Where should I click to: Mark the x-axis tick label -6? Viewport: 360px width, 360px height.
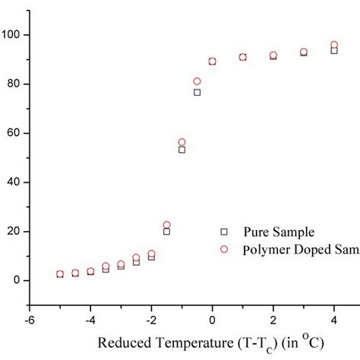point(28,320)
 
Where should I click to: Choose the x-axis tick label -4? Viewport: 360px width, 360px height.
point(89,320)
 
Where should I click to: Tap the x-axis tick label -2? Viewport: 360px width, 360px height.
point(150,320)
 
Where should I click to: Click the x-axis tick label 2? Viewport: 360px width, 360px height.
point(273,320)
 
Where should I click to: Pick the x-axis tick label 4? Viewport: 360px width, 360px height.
point(334,320)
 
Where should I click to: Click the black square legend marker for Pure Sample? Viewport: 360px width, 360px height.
point(223,231)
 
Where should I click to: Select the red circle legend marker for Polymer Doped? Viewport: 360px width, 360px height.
point(223,248)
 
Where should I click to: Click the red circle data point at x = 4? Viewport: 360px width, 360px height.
point(334,46)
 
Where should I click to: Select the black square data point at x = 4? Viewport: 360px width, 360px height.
point(334,51)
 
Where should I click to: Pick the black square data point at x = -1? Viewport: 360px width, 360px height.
point(182,150)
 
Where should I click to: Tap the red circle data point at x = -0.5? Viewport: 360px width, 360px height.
point(197,81)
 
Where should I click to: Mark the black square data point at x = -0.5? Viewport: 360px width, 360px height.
point(197,93)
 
